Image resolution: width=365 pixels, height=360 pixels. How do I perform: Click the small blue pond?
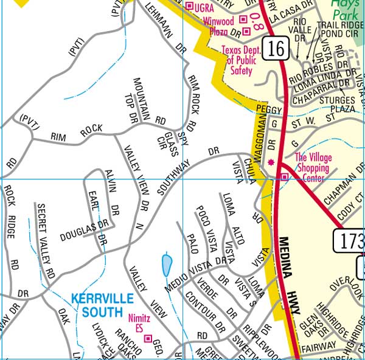167,265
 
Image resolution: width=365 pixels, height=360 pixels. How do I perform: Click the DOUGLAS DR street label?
84,230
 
